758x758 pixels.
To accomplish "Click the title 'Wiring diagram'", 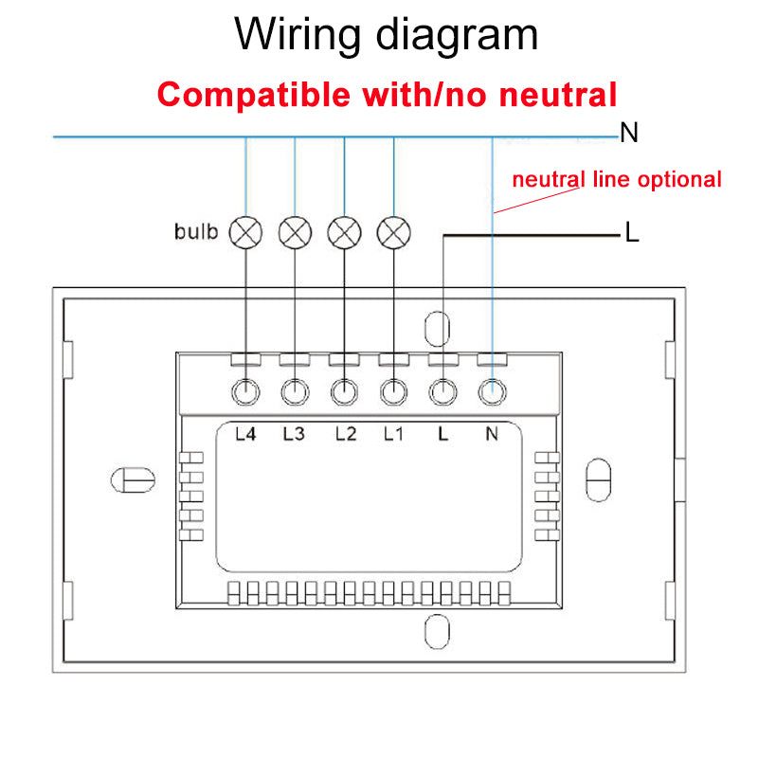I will (387, 35).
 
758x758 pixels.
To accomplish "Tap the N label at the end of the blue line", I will (629, 134).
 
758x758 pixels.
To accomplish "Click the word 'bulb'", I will (196, 231).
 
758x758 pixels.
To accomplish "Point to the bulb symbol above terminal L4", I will (246, 230).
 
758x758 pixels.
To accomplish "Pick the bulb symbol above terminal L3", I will (296, 230).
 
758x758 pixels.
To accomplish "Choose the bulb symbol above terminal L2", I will (345, 230).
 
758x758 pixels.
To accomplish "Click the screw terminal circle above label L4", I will (246, 390).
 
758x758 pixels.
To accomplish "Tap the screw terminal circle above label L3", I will (296, 390).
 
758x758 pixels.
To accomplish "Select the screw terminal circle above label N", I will (491, 390).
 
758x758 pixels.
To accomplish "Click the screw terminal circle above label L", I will (442, 390).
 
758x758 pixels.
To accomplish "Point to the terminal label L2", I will (346, 435).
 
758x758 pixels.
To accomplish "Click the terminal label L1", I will (394, 435).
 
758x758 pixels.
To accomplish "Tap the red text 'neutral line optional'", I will (617, 179).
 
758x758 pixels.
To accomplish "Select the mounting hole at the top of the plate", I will (435, 328).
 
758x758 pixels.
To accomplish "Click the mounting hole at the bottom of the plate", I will (435, 631).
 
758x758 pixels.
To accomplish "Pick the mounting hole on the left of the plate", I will (133, 479).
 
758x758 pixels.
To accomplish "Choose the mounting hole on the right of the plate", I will (598, 479).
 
